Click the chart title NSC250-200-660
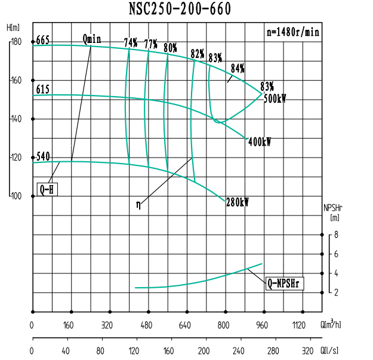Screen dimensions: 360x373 [180, 9]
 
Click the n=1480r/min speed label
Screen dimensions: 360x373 [292, 32]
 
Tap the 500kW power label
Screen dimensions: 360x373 [275, 99]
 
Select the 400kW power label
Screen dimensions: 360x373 [259, 142]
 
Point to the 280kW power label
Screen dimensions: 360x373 [237, 203]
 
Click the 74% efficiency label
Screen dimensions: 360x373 [131, 43]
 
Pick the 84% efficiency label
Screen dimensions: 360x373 [238, 68]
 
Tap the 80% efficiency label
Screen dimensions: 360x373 [170, 48]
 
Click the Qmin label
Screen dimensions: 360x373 [92, 39]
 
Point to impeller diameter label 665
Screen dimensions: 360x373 [42, 41]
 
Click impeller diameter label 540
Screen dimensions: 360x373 [42, 157]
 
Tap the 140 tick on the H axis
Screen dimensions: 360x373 [16, 119]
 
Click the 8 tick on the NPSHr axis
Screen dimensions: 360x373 [337, 235]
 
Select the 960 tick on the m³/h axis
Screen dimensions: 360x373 [262, 326]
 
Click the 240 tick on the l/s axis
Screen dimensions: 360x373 [239, 350]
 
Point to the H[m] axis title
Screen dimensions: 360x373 [13, 28]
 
